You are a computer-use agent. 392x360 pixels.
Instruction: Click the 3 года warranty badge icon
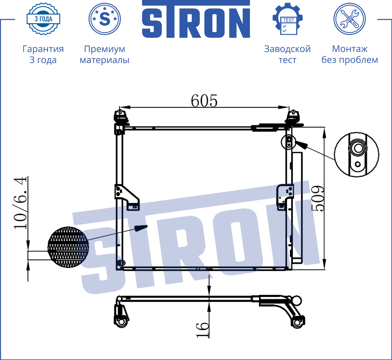[x=43, y=19]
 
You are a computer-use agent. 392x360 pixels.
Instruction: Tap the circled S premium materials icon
[x=104, y=19]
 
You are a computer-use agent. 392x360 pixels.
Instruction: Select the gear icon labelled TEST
[x=288, y=19]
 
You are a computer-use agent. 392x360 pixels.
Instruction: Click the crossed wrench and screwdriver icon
[x=349, y=19]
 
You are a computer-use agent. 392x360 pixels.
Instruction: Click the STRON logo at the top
[x=196, y=19]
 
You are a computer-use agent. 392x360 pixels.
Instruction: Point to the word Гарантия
[x=43, y=49]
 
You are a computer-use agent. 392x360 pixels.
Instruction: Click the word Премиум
[x=104, y=49]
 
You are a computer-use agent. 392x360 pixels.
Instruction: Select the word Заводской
[x=287, y=49]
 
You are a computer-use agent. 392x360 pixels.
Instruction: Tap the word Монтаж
[x=350, y=49]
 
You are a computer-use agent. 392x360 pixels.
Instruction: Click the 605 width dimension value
[x=204, y=101]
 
